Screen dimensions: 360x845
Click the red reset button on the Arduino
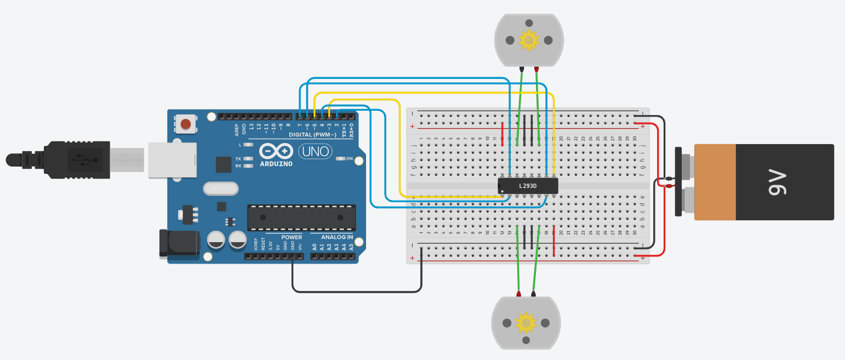[x=186, y=124]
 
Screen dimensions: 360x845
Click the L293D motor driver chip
[x=528, y=186]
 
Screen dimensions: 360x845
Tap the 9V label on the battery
[x=779, y=182]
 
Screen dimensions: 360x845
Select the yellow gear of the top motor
[x=529, y=40]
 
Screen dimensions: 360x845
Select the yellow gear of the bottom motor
[x=526, y=323]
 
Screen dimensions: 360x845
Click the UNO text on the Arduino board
[x=315, y=151]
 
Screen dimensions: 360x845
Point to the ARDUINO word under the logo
[x=276, y=163]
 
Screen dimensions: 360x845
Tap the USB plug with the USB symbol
[x=79, y=159]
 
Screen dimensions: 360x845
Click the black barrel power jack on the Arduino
[x=178, y=243]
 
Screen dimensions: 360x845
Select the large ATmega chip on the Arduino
[x=301, y=217]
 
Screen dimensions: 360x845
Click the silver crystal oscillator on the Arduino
[x=220, y=188]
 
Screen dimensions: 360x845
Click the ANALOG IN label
[x=336, y=237]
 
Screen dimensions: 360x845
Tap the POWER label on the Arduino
[x=292, y=237]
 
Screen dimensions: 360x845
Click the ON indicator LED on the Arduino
[x=341, y=158]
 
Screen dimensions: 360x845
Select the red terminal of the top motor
[x=536, y=69]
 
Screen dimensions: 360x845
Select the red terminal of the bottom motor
[x=518, y=294]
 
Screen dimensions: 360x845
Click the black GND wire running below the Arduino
[x=356, y=291]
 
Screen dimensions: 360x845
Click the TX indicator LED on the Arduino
[x=248, y=158]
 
